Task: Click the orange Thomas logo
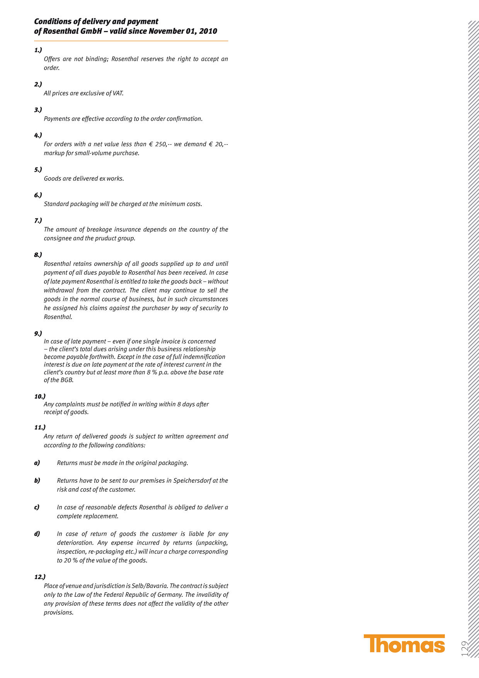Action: click(404, 644)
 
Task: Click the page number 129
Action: click(465, 648)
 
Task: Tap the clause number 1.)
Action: click(38, 50)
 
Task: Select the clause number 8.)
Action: click(38, 255)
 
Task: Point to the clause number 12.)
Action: click(40, 577)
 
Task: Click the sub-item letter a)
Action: click(37, 463)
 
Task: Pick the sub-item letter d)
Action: click(37, 534)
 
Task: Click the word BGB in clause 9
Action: click(66, 380)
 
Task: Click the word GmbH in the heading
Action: click(91, 31)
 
